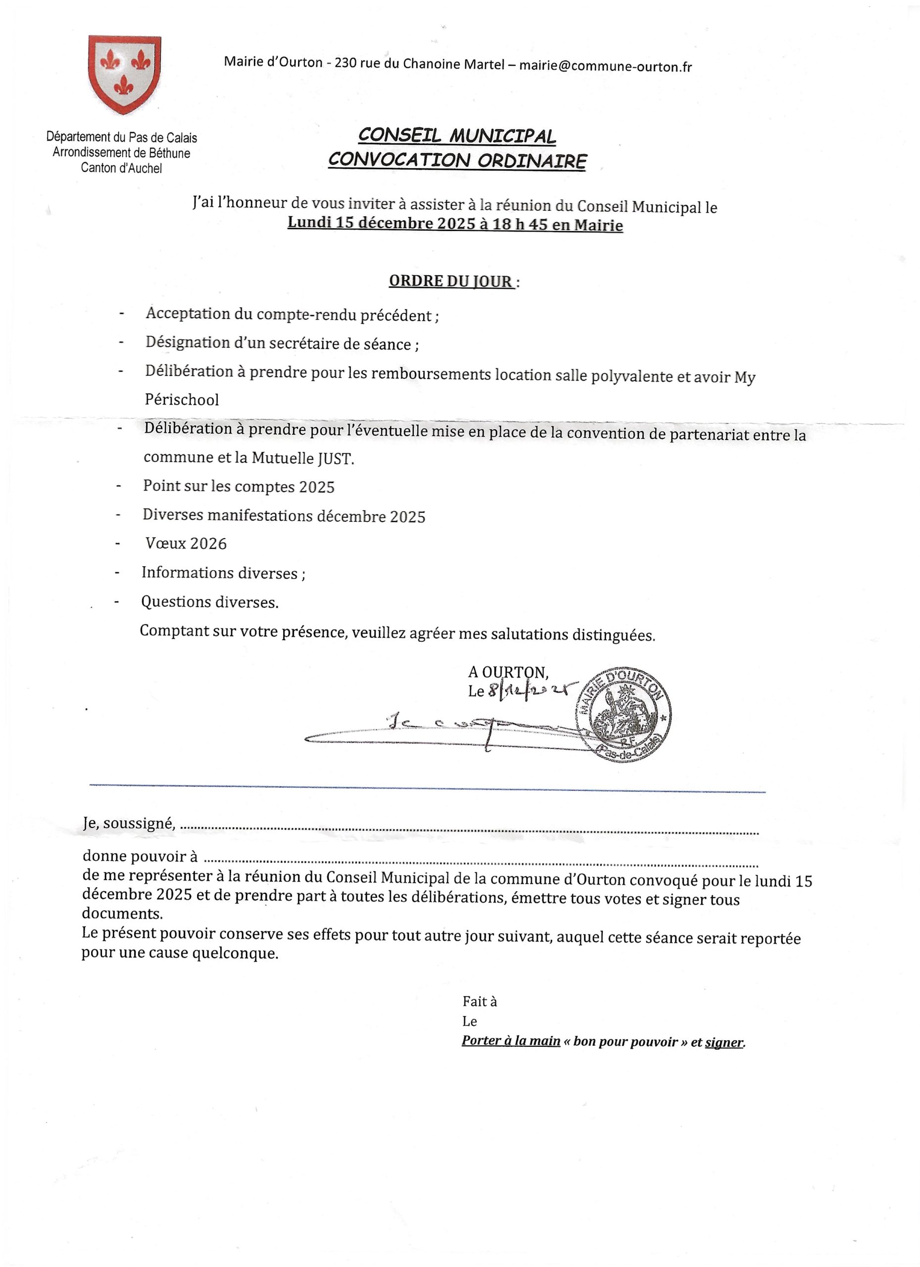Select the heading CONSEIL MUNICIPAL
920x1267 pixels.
tap(456, 136)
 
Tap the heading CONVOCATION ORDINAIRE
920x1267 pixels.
tap(457, 161)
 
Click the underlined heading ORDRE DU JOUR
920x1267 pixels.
tap(450, 281)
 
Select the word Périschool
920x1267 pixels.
tap(182, 400)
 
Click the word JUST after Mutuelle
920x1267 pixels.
tap(336, 459)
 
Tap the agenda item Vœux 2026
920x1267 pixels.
tap(186, 543)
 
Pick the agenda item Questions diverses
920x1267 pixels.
tap(209, 602)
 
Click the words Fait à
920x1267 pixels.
tap(479, 1002)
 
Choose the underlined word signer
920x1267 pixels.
tap(724, 1042)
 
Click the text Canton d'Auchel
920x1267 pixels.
tap(121, 168)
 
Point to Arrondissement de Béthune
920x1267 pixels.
tap(121, 153)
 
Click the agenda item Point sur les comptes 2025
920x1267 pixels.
tap(239, 487)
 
